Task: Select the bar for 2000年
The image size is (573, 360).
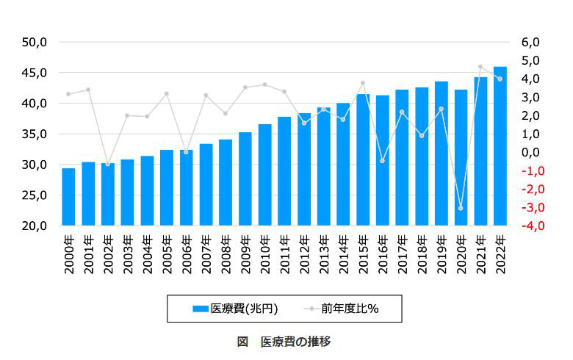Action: click(x=68, y=197)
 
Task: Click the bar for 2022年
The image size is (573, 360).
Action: click(x=500, y=147)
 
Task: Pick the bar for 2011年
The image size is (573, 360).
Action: click(x=284, y=171)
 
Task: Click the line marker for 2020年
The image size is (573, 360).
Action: click(x=461, y=208)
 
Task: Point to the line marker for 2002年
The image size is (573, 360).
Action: click(x=108, y=164)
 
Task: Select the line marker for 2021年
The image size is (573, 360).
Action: click(x=480, y=67)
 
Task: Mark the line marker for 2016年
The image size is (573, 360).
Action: click(x=382, y=160)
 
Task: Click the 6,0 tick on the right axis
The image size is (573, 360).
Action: click(x=530, y=42)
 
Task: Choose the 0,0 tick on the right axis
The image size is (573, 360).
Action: click(x=530, y=152)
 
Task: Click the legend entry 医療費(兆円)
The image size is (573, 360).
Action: click(x=236, y=309)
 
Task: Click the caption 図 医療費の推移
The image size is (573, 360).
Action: click(x=284, y=342)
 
